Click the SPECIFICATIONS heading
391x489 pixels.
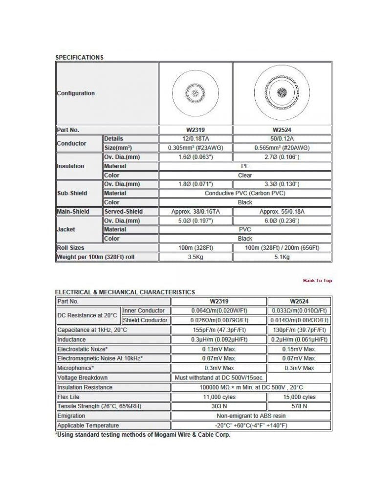tap(79, 57)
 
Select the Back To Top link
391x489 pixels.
tap(317, 280)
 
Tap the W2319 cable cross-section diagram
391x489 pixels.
tap(195, 93)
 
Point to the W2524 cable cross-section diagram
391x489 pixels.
tap(282, 93)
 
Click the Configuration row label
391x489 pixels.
tap(76, 93)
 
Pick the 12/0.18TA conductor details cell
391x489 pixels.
tap(195, 139)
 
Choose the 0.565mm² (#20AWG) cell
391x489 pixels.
tap(282, 148)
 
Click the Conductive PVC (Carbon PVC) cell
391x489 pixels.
tap(245, 193)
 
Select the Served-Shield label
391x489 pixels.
tap(124, 211)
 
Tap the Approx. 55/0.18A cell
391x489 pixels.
tap(282, 211)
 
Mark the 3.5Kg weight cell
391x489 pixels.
tap(195, 257)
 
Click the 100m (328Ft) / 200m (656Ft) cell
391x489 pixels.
tap(282, 247)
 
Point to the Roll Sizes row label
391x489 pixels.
tap(71, 247)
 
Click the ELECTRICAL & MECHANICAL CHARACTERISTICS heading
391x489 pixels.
tap(125, 292)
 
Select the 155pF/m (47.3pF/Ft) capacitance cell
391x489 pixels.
tap(219, 330)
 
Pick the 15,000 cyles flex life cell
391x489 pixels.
tap(299, 397)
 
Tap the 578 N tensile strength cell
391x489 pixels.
tap(299, 406)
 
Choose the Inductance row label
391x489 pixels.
tap(71, 339)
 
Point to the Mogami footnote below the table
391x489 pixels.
tap(142, 435)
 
